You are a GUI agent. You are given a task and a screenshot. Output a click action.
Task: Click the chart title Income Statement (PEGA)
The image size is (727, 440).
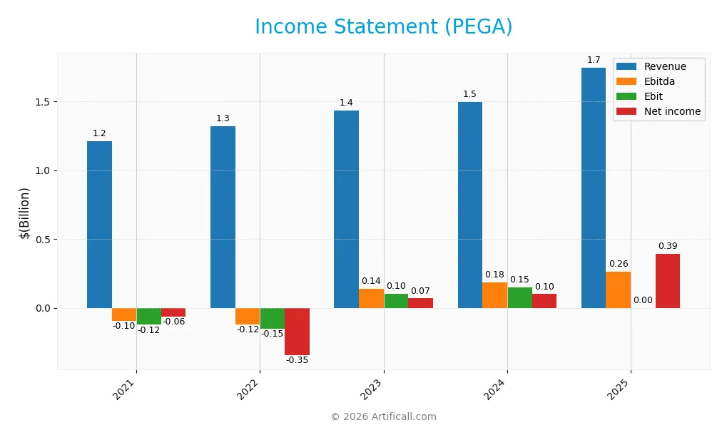tap(383, 27)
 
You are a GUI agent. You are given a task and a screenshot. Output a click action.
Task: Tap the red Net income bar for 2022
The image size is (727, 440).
tap(297, 332)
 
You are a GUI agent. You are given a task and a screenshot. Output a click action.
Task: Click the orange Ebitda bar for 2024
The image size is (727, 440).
tap(494, 295)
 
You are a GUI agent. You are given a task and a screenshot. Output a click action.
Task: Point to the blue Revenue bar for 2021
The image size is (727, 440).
tap(99, 225)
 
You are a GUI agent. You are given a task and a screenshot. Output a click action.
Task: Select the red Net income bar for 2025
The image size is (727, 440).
tap(668, 281)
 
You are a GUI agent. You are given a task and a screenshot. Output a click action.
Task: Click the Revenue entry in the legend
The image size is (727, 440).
tap(664, 66)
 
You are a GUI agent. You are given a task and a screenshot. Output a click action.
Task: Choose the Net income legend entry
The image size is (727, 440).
tap(671, 111)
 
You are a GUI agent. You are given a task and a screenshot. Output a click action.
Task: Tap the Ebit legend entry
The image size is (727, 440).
tap(653, 96)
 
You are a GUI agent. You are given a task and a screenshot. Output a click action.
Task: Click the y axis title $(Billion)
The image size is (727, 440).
tap(24, 213)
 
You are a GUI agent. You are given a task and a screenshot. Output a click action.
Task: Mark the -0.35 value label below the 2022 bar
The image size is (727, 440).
tap(297, 360)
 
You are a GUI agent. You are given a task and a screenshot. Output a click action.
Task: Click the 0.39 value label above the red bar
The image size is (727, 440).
tap(668, 246)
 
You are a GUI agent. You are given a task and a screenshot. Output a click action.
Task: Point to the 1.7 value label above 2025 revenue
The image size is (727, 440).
tap(594, 60)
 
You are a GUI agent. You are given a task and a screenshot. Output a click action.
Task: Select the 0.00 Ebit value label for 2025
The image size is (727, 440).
tap(643, 301)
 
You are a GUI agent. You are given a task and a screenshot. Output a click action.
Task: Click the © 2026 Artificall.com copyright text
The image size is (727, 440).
tap(383, 417)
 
